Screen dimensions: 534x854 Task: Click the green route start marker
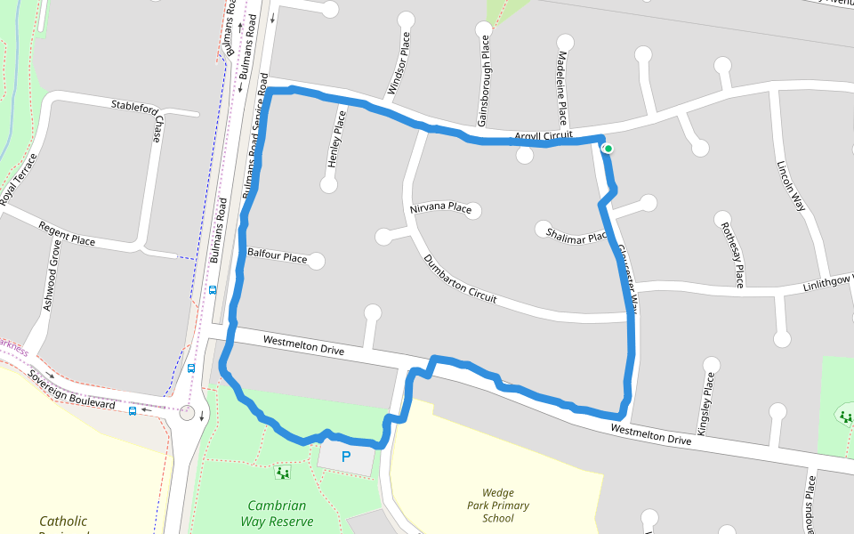(608, 149)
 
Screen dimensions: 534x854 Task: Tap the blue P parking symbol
(346, 457)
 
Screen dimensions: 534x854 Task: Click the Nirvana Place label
(440, 208)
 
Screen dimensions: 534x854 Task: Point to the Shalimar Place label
(576, 233)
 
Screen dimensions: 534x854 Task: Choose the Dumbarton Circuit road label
(460, 279)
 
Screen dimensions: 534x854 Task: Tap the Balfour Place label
(278, 257)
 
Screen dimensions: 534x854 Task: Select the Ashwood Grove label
(52, 280)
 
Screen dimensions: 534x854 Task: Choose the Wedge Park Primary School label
(504, 506)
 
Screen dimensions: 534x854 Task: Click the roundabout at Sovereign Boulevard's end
(187, 412)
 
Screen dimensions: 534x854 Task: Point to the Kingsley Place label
(706, 403)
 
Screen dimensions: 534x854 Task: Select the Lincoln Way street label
(790, 185)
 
